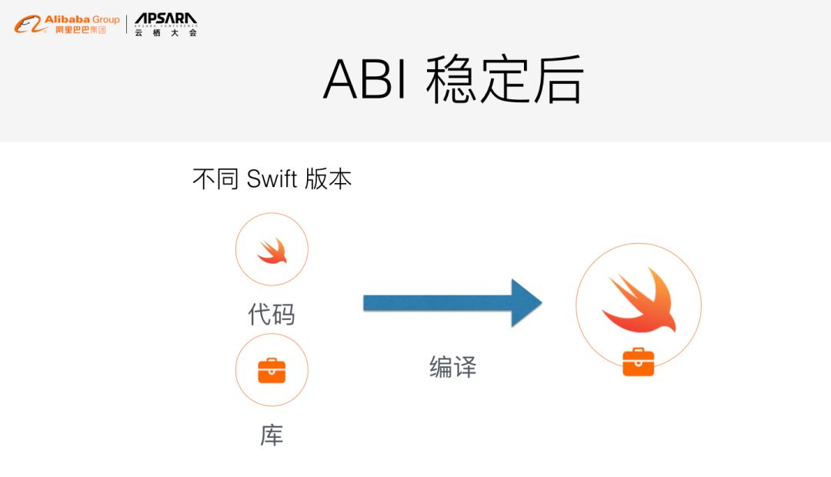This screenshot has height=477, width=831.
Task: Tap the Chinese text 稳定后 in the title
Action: [505, 79]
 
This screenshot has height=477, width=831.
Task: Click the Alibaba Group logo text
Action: [82, 19]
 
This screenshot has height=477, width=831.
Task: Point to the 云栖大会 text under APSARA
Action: [165, 33]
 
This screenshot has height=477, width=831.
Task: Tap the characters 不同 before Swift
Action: [215, 179]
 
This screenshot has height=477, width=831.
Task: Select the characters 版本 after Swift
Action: [329, 179]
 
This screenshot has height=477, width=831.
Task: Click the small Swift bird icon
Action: [272, 250]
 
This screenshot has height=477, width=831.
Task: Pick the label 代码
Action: [272, 314]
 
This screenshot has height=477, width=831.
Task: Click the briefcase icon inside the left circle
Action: [272, 371]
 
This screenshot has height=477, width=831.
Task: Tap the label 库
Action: [272, 435]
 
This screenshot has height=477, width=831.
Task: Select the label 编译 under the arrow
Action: [452, 367]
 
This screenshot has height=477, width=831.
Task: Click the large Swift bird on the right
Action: [639, 302]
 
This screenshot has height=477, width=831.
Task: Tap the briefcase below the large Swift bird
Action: [638, 362]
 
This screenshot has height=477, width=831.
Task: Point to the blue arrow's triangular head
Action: [526, 302]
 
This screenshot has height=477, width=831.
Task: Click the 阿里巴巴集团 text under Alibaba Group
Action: [82, 31]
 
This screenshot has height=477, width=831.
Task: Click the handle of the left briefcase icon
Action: [272, 362]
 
